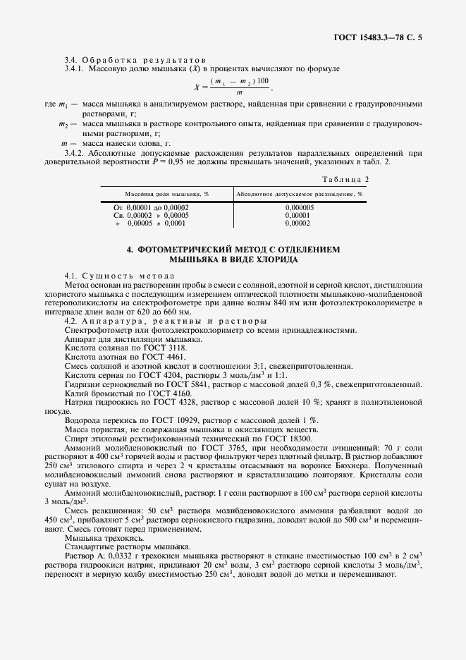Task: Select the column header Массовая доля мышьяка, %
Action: point(161,192)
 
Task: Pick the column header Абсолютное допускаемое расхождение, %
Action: point(299,192)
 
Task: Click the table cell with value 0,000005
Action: point(299,207)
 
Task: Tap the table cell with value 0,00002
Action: point(299,223)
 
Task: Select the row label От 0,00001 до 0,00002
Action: point(151,207)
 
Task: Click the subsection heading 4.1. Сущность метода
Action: point(116,274)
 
